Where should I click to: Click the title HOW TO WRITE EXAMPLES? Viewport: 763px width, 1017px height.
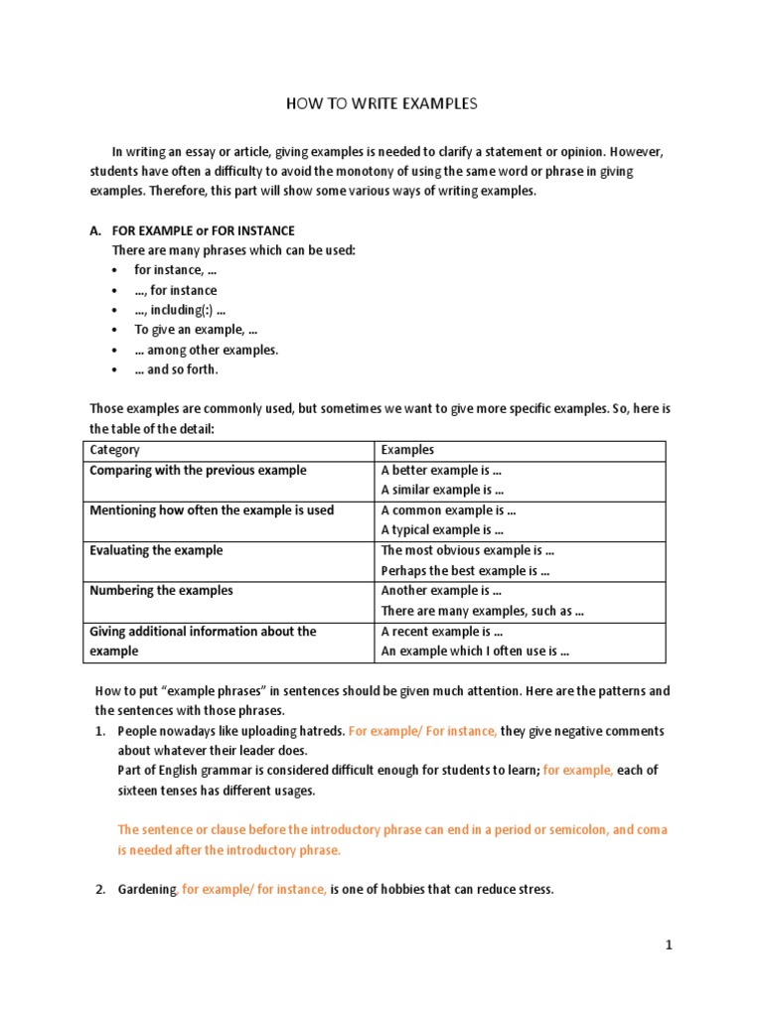(381, 103)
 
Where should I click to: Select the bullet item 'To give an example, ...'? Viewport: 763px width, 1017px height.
(196, 330)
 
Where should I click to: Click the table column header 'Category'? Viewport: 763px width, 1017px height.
(114, 450)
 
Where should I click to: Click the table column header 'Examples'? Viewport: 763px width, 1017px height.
(407, 450)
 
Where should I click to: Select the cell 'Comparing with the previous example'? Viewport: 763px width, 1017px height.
(198, 470)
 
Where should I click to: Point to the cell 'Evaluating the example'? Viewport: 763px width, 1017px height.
(156, 550)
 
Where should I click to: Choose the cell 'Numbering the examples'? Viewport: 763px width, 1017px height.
(161, 590)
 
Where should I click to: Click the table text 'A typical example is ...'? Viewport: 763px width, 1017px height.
(443, 530)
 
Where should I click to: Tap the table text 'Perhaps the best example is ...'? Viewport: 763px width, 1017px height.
(465, 570)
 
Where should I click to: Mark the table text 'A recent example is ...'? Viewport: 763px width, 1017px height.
(441, 631)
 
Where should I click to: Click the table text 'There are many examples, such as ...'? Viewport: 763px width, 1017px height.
(482, 611)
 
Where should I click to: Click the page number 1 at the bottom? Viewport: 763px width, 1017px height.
(670, 945)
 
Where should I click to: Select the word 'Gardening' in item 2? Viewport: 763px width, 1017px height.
(147, 890)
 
